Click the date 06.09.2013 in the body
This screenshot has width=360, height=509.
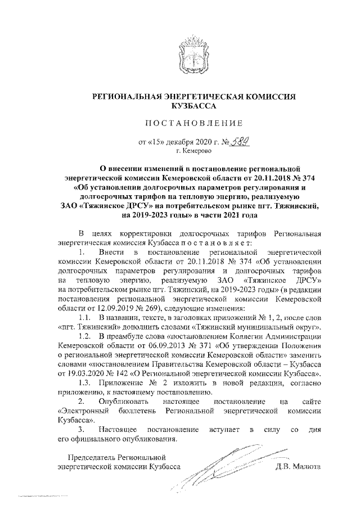pos(148,345)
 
